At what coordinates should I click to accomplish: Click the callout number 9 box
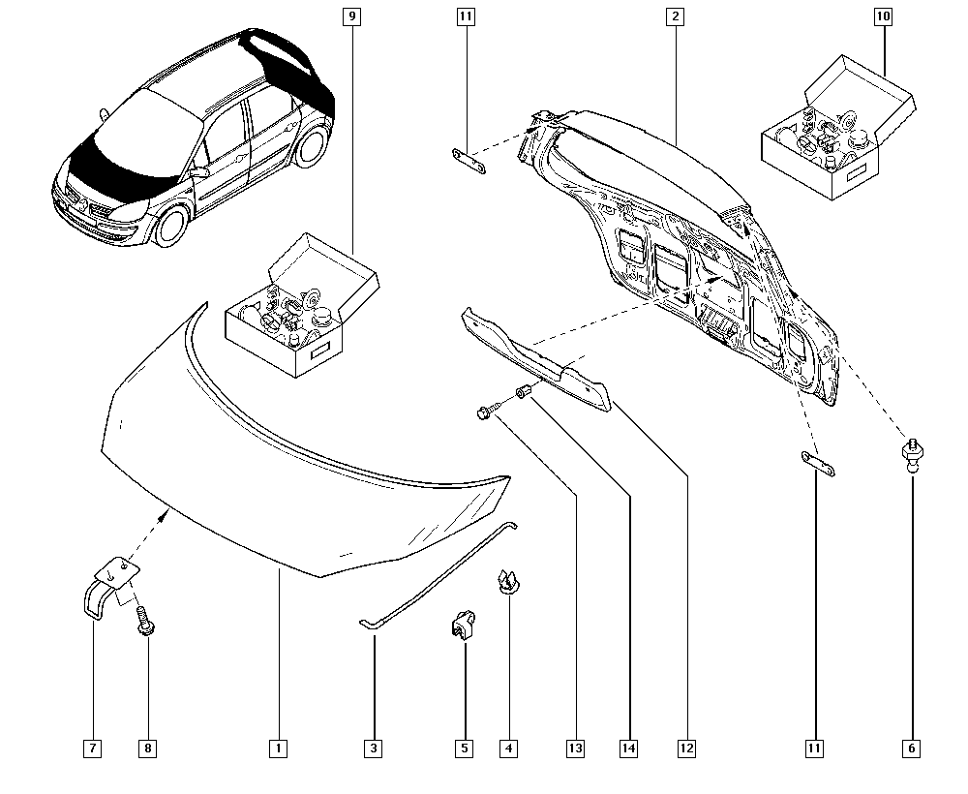point(350,16)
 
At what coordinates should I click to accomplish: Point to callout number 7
point(92,748)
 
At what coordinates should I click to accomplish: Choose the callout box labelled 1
point(278,748)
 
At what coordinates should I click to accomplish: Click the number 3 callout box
point(373,748)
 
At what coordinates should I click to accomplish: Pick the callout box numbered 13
point(576,748)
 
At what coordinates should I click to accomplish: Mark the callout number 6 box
point(912,748)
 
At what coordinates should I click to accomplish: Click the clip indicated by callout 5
point(462,624)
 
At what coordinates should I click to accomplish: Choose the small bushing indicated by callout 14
point(525,392)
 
